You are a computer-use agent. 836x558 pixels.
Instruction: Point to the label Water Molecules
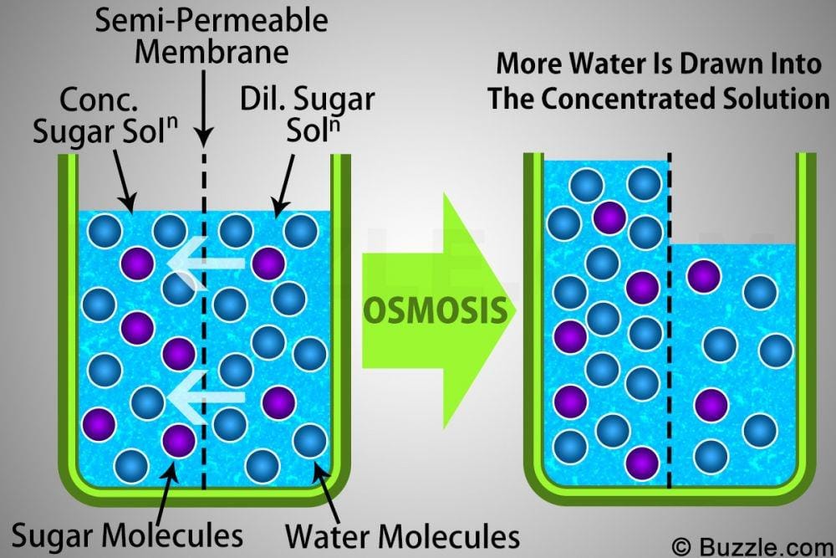[402, 534]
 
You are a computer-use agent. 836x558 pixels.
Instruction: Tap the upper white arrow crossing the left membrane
[205, 264]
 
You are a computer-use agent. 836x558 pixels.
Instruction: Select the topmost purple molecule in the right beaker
[609, 217]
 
